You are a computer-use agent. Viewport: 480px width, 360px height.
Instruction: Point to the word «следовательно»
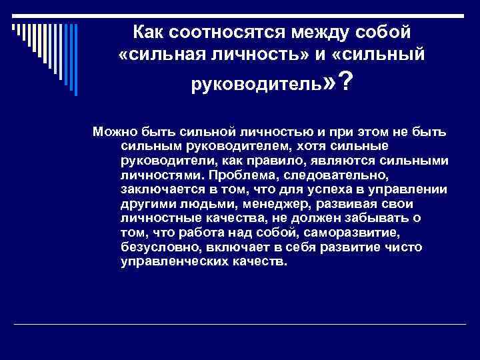[x=332, y=175]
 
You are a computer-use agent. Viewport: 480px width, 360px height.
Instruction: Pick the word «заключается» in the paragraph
[x=156, y=189]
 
